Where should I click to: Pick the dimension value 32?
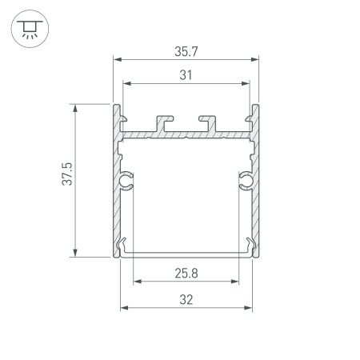click(187, 299)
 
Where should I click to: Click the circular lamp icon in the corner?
click(28, 29)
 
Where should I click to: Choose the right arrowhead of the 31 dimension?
click(246, 82)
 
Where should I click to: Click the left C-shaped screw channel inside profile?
click(126, 182)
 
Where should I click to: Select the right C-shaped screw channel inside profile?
click(246, 182)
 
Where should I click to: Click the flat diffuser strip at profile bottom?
click(186, 255)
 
